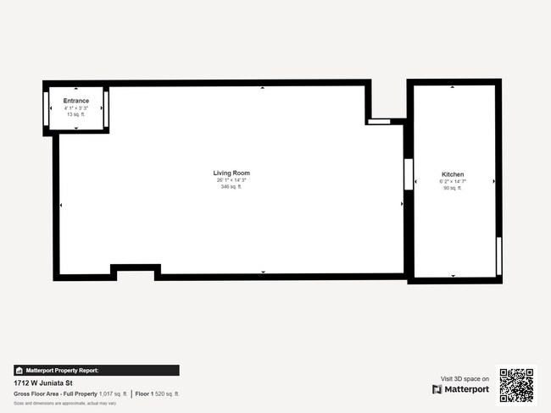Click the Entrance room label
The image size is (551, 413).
pyautogui.click(x=76, y=101)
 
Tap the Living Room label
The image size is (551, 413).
pyautogui.click(x=231, y=173)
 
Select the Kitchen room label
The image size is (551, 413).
pyautogui.click(x=453, y=175)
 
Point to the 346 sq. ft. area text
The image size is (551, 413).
pyautogui.click(x=231, y=187)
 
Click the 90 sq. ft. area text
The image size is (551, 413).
pyautogui.click(x=453, y=189)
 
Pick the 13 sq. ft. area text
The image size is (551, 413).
pyautogui.click(x=76, y=114)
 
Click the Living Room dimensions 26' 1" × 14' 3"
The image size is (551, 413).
pyautogui.click(x=231, y=180)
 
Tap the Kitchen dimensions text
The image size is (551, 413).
pyautogui.click(x=453, y=182)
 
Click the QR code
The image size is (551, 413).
pyautogui.click(x=516, y=385)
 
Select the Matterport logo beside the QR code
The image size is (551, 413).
pyautogui.click(x=460, y=389)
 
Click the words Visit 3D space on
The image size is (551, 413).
pyautogui.click(x=465, y=379)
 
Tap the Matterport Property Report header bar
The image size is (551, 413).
pyautogui.click(x=96, y=370)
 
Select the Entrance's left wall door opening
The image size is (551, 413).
pyautogui.click(x=46, y=107)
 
